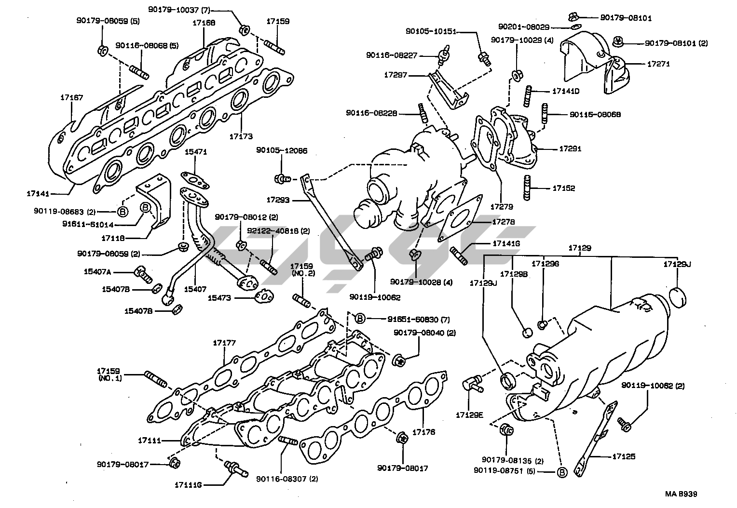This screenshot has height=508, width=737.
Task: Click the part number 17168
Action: [204, 23]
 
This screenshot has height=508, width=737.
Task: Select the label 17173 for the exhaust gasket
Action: [241, 137]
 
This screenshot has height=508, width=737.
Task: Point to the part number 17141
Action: [38, 193]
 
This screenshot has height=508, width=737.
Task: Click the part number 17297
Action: [396, 75]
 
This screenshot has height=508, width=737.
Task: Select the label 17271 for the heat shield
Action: [658, 64]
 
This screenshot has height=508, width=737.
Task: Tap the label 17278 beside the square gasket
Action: [504, 222]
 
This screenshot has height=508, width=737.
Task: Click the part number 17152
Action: [563, 188]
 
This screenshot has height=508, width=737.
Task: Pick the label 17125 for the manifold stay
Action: [624, 456]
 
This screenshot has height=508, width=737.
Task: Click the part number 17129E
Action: [469, 414]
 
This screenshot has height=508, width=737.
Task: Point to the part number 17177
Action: [224, 343]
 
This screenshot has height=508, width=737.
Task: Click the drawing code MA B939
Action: [681, 494]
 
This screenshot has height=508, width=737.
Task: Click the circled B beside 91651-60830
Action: [360, 318]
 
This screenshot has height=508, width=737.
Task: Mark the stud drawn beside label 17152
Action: [527, 187]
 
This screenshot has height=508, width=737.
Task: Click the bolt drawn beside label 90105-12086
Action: [281, 179]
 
